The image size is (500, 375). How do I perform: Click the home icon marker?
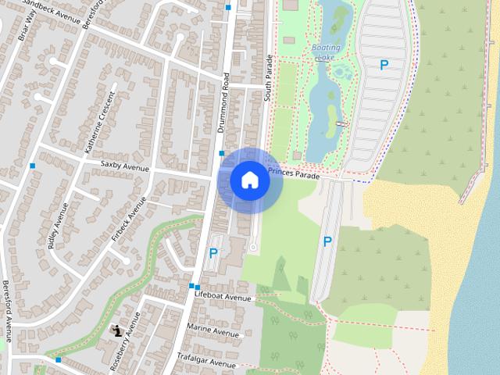(x=250, y=180)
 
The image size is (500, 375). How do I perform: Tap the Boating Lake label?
(x=326, y=52)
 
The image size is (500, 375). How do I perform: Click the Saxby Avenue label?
(x=124, y=167)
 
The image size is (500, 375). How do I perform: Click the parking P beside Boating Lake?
(x=384, y=66)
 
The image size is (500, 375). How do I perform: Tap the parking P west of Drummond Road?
(x=213, y=253)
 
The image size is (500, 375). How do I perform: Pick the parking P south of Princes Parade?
(x=327, y=242)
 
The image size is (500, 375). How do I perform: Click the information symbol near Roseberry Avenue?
(x=117, y=330)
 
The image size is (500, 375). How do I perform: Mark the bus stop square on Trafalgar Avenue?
(x=59, y=360)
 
